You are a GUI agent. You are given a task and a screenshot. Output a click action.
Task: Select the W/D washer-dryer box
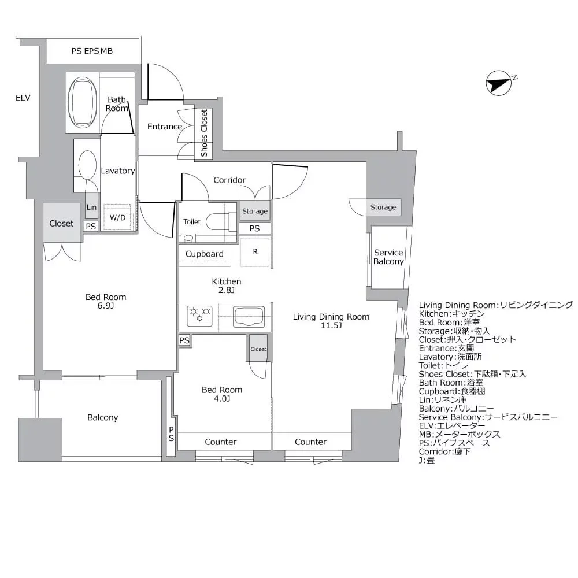118,217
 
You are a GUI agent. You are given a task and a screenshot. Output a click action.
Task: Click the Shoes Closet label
204,134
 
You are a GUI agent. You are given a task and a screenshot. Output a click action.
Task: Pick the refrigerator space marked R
255,252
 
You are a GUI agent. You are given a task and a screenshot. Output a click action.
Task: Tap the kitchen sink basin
249,316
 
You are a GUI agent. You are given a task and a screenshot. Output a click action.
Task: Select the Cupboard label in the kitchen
205,254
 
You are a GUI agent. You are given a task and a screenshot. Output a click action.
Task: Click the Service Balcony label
388,257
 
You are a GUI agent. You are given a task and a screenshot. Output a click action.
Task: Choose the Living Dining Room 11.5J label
331,321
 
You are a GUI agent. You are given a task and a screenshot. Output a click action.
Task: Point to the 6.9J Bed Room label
106,301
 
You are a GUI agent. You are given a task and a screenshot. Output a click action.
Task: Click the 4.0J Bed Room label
222,394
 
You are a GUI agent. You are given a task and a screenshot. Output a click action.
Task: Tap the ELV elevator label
23,98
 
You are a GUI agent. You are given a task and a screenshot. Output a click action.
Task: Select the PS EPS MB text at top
92,51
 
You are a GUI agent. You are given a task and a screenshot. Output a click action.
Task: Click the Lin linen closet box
91,208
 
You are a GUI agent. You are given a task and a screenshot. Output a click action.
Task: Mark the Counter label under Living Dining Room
311,442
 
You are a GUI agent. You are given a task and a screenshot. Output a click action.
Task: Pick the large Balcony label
103,417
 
